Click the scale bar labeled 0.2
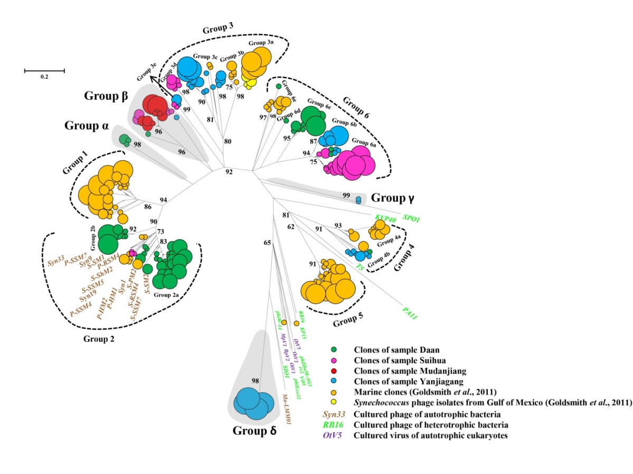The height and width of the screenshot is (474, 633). [x=44, y=70]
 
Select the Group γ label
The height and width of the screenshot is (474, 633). [x=392, y=198]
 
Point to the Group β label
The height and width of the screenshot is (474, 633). [x=106, y=97]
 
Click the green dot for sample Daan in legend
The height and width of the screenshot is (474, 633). [x=334, y=349]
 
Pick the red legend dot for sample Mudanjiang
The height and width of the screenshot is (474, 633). [x=334, y=370]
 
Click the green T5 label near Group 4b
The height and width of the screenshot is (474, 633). [x=361, y=267]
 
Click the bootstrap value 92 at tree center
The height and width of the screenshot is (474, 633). [x=229, y=172]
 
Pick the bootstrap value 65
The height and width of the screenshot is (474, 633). [x=268, y=243]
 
